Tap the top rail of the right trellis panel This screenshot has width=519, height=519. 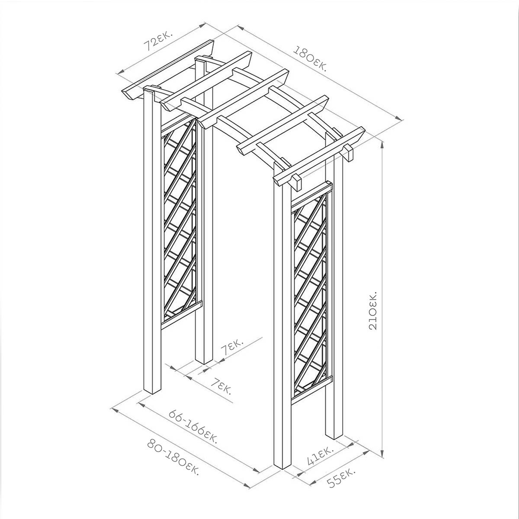point(312,193)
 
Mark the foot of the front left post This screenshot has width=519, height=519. point(152,396)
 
